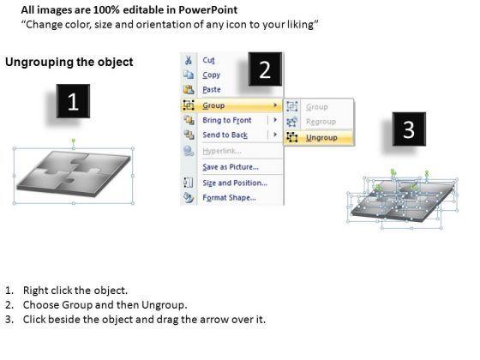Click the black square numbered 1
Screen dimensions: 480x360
73,101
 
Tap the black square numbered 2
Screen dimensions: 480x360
265,69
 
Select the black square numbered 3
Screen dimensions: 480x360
409,129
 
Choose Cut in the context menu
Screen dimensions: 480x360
209,60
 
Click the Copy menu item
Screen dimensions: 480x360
211,75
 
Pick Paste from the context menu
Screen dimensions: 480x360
212,90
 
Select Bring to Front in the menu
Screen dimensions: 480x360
227,120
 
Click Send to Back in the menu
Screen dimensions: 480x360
225,135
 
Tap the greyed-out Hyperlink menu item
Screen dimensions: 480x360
222,151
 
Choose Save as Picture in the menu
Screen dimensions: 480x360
231,167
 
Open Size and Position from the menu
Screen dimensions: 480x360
235,183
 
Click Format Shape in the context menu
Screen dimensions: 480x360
230,198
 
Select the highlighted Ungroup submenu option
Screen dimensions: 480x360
321,138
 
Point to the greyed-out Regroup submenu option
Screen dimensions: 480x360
321,122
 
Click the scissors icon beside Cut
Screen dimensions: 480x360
189,60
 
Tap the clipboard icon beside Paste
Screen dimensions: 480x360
189,89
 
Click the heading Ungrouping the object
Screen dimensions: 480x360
69,62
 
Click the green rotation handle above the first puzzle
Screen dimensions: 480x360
74,141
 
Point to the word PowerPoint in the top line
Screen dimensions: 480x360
207,10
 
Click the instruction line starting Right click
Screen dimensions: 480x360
75,291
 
